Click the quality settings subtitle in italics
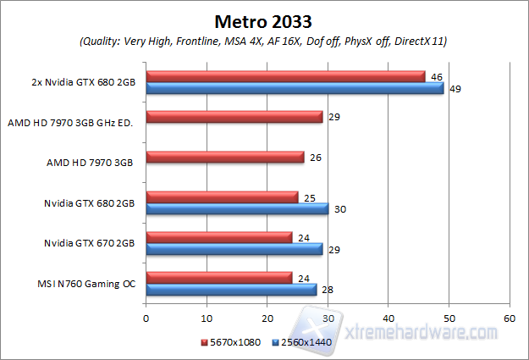pyautogui.click(x=264, y=41)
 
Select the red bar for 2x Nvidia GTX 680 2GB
pyautogui.click(x=285, y=76)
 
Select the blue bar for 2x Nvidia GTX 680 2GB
pyautogui.click(x=295, y=88)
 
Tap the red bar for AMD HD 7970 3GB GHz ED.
pyautogui.click(x=234, y=117)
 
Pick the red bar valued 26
pyautogui.click(x=225, y=157)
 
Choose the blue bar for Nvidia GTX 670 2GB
pyautogui.click(x=234, y=249)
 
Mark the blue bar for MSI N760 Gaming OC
pyautogui.click(x=231, y=290)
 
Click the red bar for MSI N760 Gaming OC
pyautogui.click(x=219, y=277)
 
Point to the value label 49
pyautogui.click(x=455, y=88)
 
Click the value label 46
pyautogui.click(x=436, y=76)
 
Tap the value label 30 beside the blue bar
pyautogui.click(x=339, y=208)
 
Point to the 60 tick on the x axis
pyautogui.click(x=509, y=318)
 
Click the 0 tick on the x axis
pyautogui.click(x=146, y=318)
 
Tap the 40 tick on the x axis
pyautogui.click(x=388, y=318)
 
